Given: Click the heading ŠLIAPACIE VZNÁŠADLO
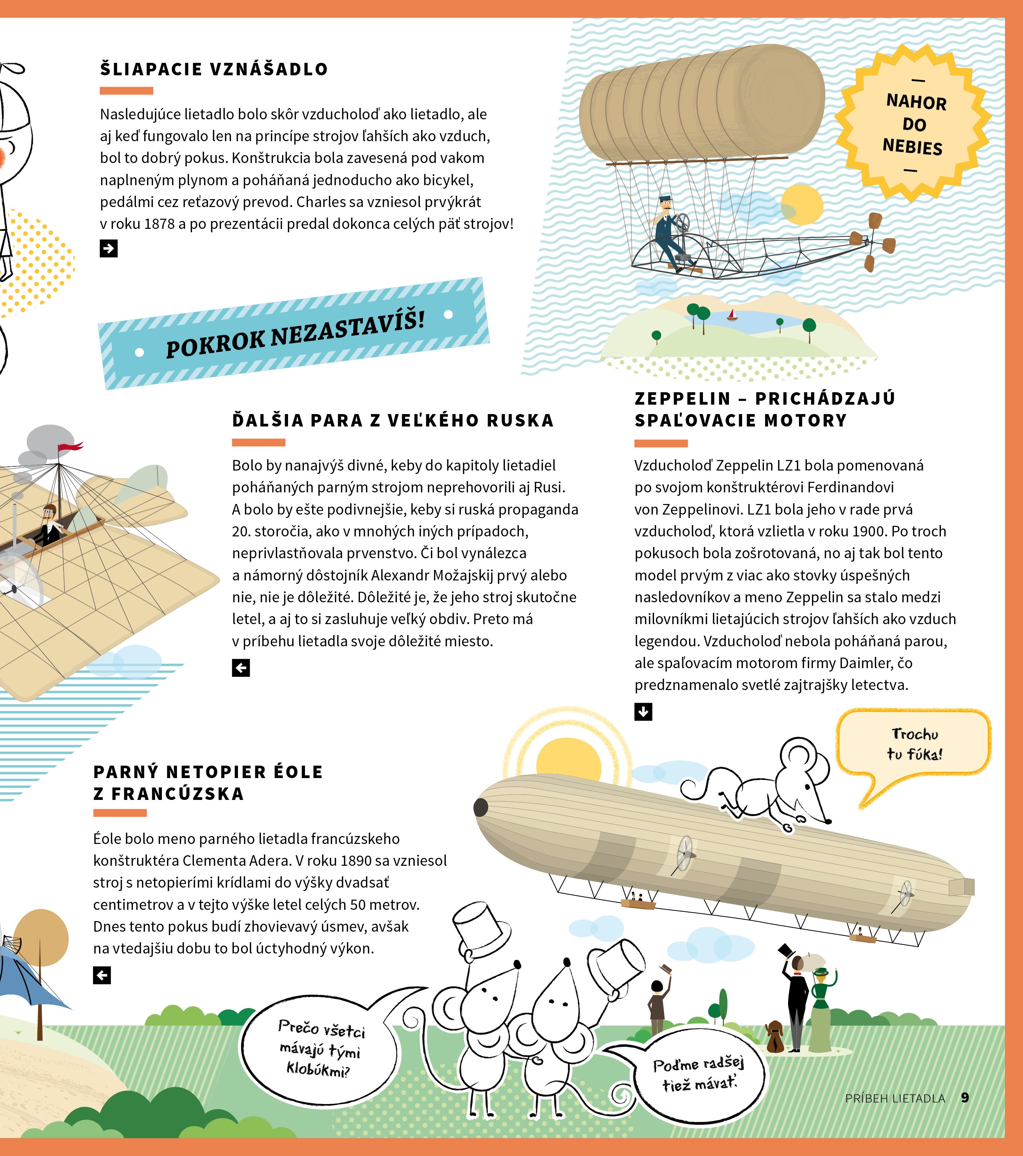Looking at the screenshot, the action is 214,69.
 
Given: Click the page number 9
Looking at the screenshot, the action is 965,1098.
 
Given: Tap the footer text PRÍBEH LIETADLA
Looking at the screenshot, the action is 895,1098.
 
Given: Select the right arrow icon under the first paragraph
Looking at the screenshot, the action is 109,249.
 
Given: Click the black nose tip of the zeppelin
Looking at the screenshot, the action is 480,807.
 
